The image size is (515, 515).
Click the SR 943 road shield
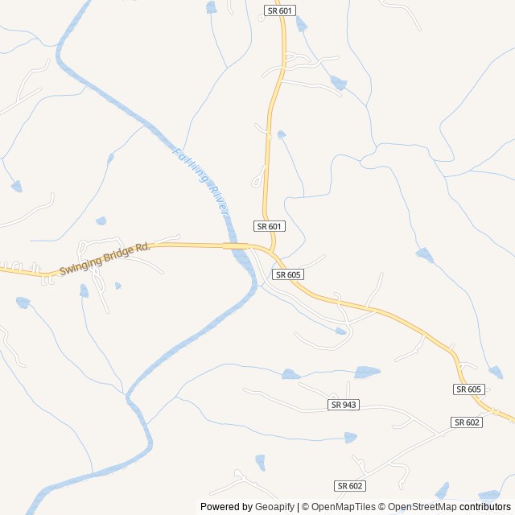pos(344,404)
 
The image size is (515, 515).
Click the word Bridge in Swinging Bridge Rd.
pos(122,253)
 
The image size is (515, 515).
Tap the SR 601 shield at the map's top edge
pos(280,10)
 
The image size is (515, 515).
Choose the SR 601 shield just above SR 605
pos(270,226)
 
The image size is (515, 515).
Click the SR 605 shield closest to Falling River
pos(287,274)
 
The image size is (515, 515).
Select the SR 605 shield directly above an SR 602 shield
pos(468,389)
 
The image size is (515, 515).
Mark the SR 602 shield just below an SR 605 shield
pos(467,422)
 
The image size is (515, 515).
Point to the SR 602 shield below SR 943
pos(350,485)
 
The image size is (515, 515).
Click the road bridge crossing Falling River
pos(235,245)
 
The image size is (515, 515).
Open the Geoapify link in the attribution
pos(274,507)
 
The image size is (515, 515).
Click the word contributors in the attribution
pos(485,507)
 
